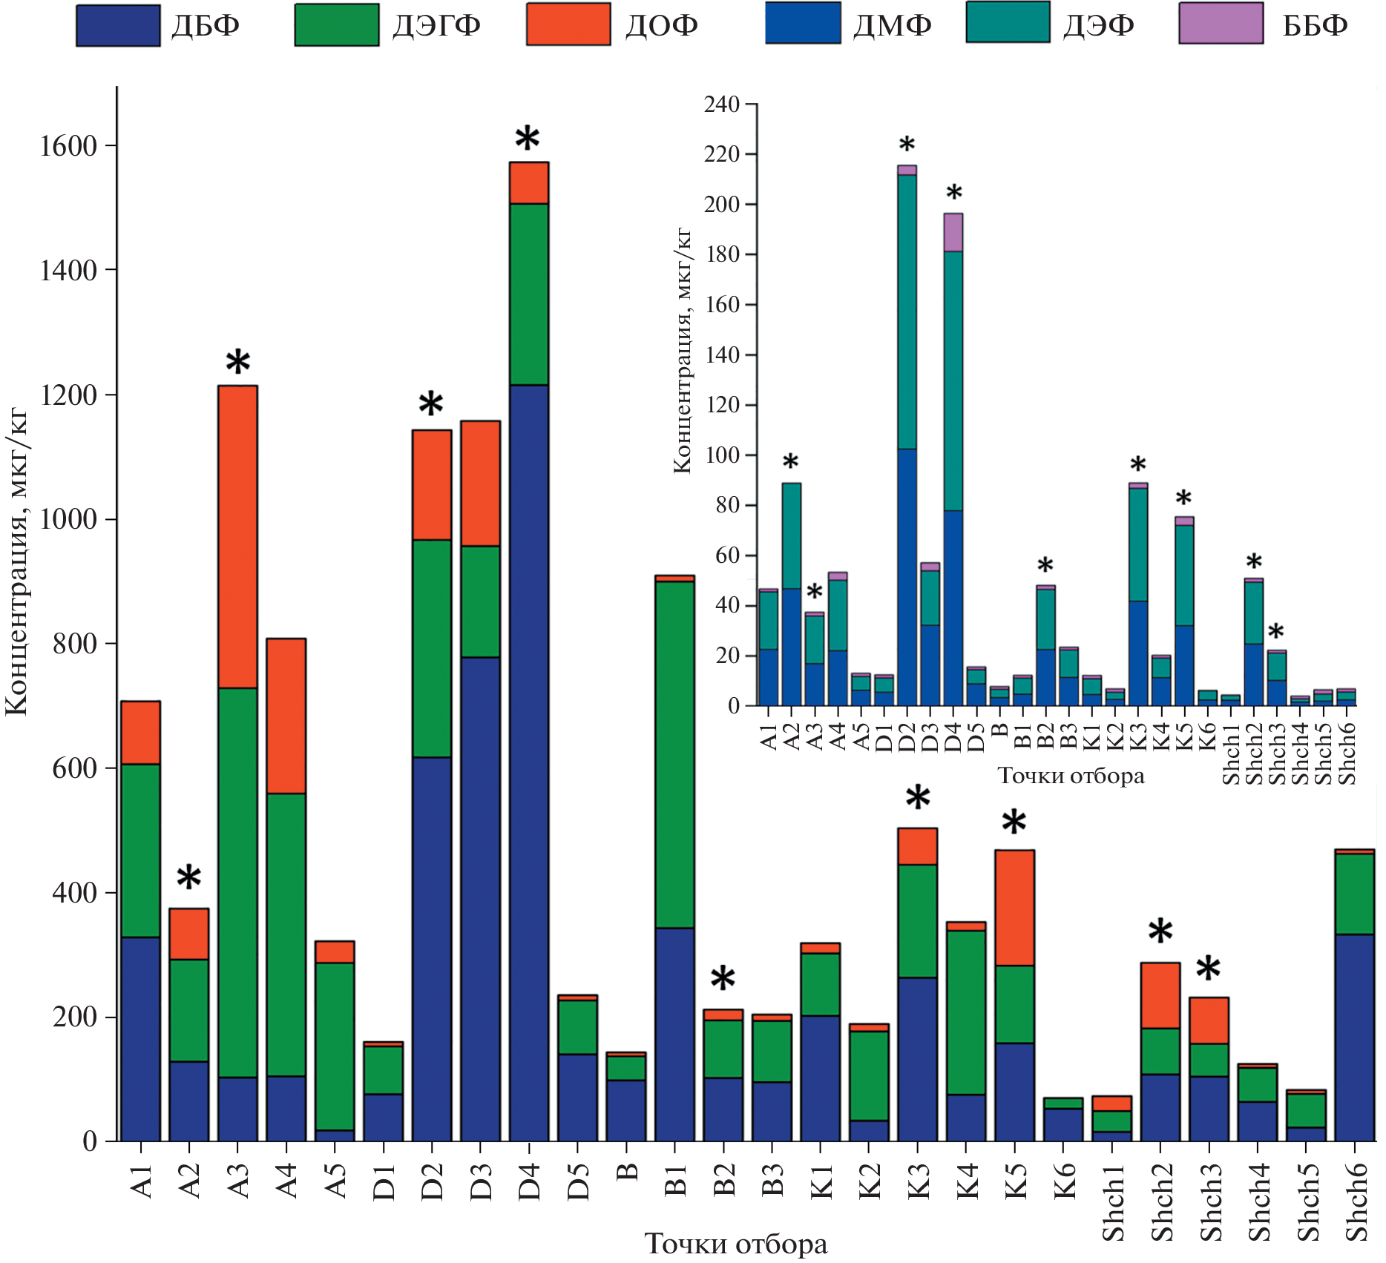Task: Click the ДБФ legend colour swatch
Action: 118,26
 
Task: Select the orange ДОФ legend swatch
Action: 568,24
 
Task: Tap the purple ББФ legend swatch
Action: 1221,24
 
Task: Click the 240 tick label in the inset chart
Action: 722,105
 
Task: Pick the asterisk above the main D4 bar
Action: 528,139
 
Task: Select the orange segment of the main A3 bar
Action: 237,537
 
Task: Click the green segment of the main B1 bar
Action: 674,754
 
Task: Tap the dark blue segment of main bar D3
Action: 480,899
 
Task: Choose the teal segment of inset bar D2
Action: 907,311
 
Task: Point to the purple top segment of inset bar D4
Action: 953,232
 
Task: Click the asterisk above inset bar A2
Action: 791,462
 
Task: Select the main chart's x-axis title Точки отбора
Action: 735,1243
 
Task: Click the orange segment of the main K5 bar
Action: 1014,908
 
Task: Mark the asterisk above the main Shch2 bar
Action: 1160,931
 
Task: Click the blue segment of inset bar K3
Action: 1137,653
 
